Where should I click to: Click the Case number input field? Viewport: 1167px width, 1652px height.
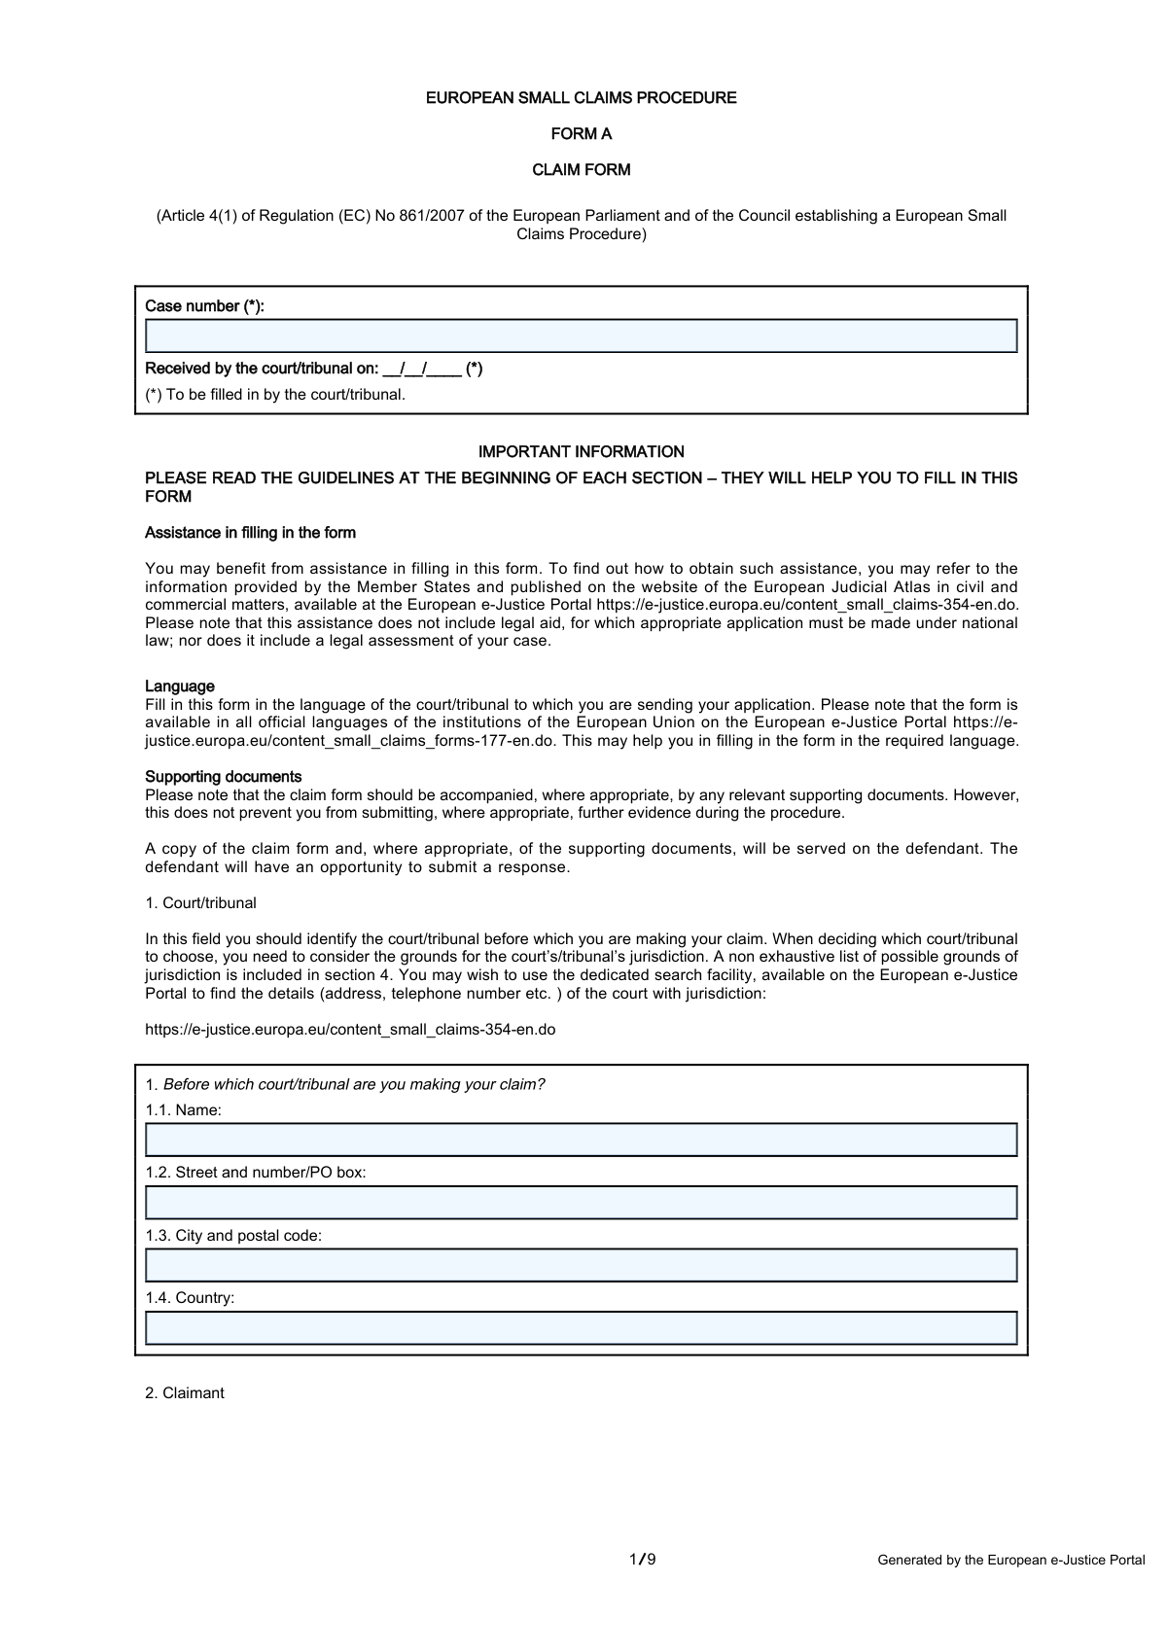click(x=581, y=335)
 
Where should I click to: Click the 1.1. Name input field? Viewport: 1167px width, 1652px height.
click(x=581, y=1140)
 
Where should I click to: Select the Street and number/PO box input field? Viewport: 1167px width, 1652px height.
click(x=581, y=1203)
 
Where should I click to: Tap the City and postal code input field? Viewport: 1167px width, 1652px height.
click(x=581, y=1265)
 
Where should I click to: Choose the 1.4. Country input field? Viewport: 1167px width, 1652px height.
click(x=581, y=1328)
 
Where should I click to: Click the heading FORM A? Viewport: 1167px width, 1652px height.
click(x=582, y=134)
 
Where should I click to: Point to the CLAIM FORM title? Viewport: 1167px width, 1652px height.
click(x=582, y=170)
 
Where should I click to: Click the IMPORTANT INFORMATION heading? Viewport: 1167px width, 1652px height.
click(x=582, y=452)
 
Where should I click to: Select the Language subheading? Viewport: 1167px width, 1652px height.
click(x=180, y=686)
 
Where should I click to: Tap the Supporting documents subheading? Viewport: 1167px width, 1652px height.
click(x=224, y=777)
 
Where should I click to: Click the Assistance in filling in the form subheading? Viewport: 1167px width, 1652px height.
click(x=250, y=533)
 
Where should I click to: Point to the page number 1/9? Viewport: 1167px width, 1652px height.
click(x=643, y=1560)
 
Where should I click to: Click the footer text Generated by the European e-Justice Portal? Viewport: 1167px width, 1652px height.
click(x=1011, y=1561)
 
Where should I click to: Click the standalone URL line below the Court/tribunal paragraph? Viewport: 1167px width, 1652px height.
click(x=350, y=1029)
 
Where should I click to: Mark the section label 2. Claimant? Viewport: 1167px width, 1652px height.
click(x=185, y=1393)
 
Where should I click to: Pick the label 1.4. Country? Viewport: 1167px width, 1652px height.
click(x=191, y=1298)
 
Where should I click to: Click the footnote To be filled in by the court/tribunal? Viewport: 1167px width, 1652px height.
click(x=275, y=395)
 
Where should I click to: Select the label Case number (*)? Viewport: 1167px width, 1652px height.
click(x=204, y=306)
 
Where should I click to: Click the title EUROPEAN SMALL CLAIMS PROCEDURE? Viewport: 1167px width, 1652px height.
click(x=582, y=98)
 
